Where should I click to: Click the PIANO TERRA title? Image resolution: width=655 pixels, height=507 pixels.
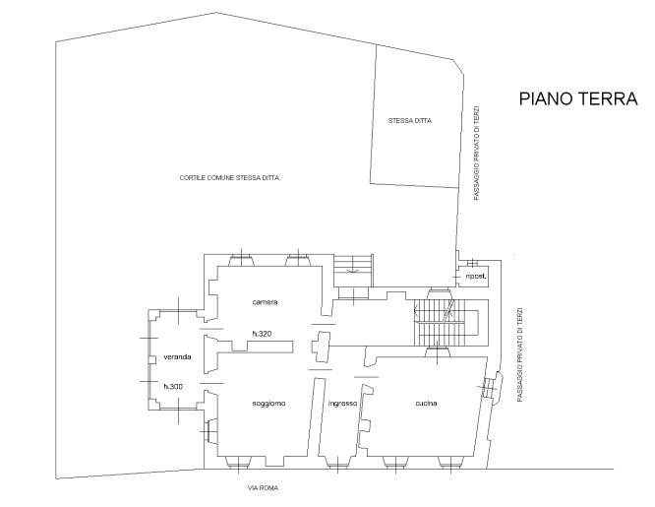tap(578, 98)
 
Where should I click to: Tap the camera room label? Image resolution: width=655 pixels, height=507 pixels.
tap(265, 301)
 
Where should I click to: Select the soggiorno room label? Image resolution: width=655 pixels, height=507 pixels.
tap(268, 404)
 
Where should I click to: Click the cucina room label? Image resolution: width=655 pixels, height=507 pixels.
tap(426, 404)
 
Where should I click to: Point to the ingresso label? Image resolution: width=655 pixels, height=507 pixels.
tap(342, 404)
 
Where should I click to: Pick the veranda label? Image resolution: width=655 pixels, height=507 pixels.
tap(177, 356)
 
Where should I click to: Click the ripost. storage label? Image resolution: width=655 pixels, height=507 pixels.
tap(475, 276)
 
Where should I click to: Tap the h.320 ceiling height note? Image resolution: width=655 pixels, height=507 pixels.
tap(262, 334)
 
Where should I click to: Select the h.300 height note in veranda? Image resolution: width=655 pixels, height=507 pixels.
tap(173, 387)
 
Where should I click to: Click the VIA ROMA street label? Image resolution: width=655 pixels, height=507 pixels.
tap(263, 487)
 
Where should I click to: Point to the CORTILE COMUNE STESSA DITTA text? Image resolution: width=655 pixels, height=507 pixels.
tap(229, 178)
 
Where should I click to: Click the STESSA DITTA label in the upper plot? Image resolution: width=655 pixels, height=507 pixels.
tap(410, 121)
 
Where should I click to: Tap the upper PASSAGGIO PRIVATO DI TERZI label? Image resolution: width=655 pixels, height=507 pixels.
tap(477, 153)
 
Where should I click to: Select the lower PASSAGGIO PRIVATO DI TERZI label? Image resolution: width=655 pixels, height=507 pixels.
tap(519, 355)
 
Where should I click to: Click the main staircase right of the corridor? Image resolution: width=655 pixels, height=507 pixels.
tap(447, 322)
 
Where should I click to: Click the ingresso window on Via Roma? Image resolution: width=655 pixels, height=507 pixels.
tap(338, 463)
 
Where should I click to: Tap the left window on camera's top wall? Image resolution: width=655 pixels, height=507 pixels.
tap(241, 259)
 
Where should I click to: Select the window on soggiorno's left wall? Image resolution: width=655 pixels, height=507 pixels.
tap(210, 430)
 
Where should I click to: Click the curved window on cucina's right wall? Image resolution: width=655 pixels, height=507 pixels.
tap(491, 388)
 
